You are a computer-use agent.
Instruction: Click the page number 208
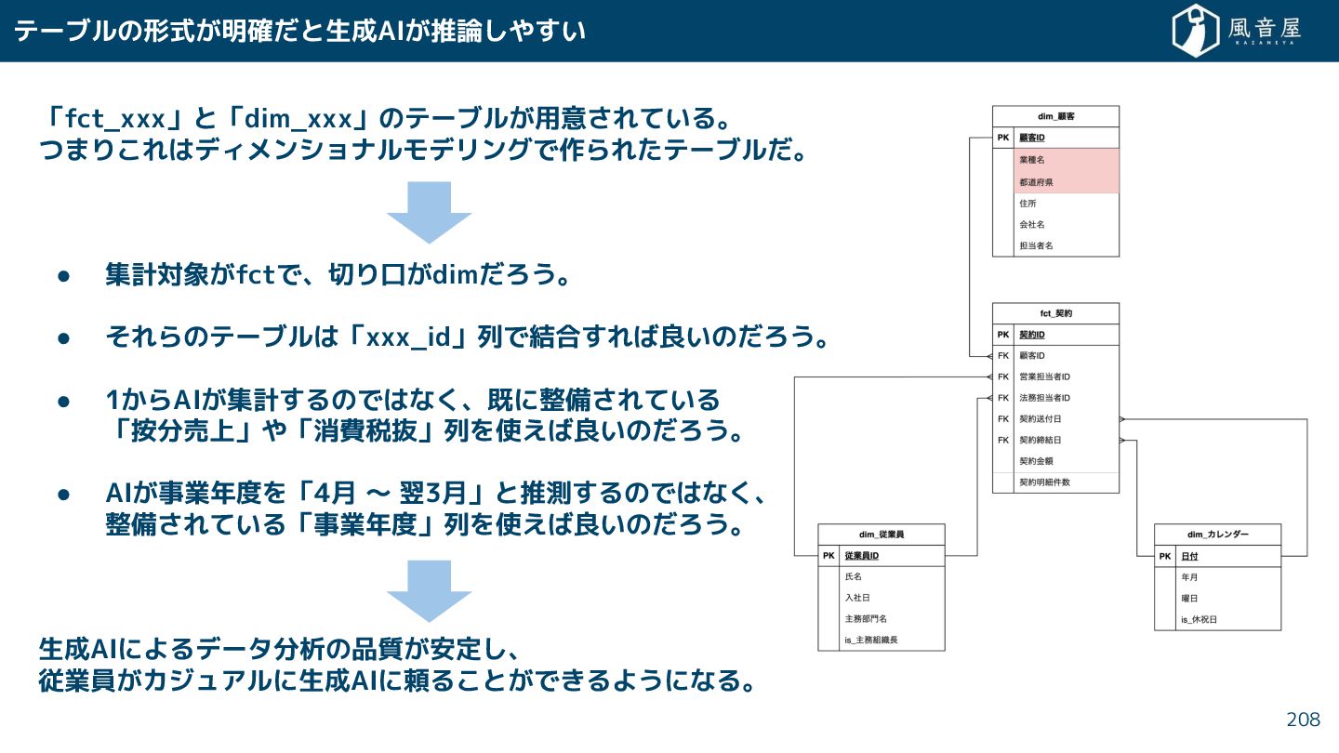point(1303,720)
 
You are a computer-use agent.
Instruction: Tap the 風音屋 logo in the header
point(1236,31)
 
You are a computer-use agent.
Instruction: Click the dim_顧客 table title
point(1055,116)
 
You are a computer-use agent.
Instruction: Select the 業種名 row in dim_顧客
point(1031,160)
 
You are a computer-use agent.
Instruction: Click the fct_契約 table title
point(1055,313)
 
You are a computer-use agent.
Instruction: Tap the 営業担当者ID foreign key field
point(1044,376)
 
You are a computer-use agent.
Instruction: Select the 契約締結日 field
point(1040,440)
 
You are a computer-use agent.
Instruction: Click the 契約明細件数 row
point(1044,482)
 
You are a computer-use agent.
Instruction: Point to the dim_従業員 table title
point(881,535)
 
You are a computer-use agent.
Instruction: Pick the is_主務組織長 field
point(870,640)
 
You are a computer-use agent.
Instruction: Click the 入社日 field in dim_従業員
point(856,598)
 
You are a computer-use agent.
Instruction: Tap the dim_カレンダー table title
point(1217,535)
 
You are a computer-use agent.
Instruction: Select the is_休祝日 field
point(1199,619)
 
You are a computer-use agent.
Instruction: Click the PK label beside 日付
point(1165,556)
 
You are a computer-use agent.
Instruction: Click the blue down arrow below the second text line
point(429,211)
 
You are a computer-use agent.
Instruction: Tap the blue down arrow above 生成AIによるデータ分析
point(429,590)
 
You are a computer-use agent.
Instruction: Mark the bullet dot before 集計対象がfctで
point(64,276)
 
